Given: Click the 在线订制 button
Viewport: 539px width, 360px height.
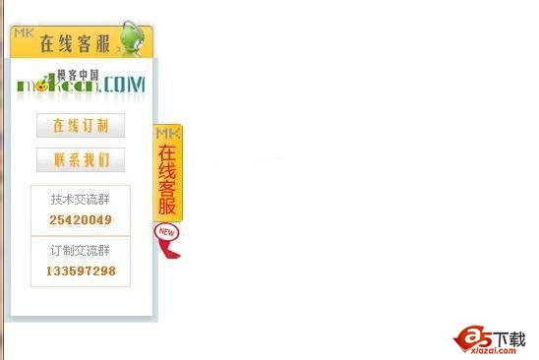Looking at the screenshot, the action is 81,126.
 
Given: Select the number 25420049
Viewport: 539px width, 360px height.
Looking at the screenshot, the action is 81,219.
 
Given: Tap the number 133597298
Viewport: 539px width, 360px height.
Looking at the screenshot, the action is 81,270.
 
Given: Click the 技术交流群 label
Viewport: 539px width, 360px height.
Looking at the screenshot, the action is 81,200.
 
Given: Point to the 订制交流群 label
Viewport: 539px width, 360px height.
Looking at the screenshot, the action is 81,251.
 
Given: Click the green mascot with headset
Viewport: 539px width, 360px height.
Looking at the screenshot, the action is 133,38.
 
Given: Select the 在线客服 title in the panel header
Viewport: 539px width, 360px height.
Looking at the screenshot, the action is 74,44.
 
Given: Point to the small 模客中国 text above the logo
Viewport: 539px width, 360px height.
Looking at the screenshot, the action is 79,73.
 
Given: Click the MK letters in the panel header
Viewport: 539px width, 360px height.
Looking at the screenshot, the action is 23,32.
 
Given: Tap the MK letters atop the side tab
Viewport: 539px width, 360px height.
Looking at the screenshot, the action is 168,132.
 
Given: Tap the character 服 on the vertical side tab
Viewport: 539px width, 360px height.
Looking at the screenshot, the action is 168,207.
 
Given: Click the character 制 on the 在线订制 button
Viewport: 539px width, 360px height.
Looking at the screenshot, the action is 103,126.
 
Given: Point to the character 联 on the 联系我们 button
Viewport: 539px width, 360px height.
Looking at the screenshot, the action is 59,160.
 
